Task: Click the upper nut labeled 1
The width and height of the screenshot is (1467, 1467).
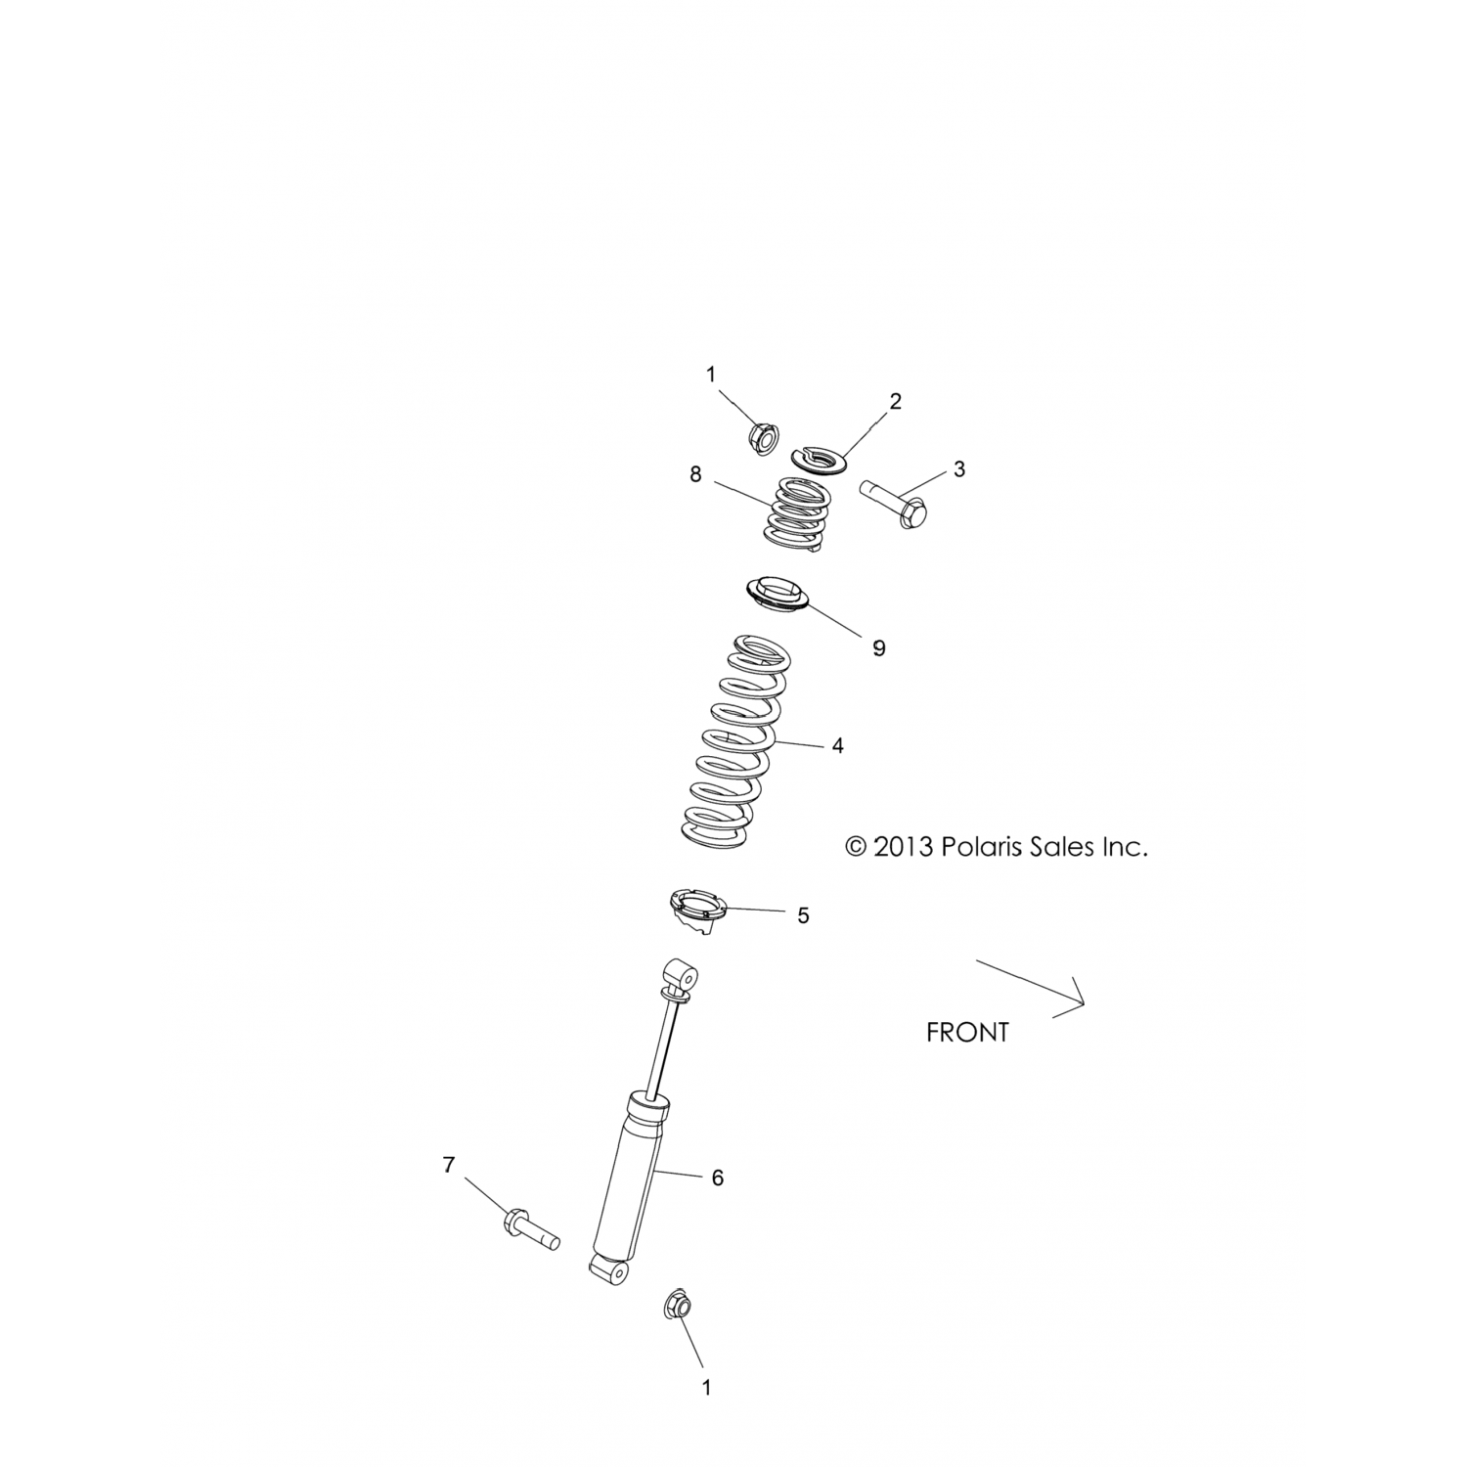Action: (x=761, y=437)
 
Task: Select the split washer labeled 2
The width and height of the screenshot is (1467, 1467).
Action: (x=821, y=458)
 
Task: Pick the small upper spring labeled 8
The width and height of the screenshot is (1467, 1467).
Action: (x=798, y=515)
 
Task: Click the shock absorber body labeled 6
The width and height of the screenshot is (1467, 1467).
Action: (x=629, y=1174)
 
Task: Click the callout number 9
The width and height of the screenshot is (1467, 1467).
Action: (x=878, y=647)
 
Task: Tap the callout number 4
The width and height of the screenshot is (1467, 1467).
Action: (x=837, y=745)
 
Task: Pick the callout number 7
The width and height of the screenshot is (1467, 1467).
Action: (x=449, y=1165)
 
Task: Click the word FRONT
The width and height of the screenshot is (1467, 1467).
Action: (x=966, y=1032)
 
